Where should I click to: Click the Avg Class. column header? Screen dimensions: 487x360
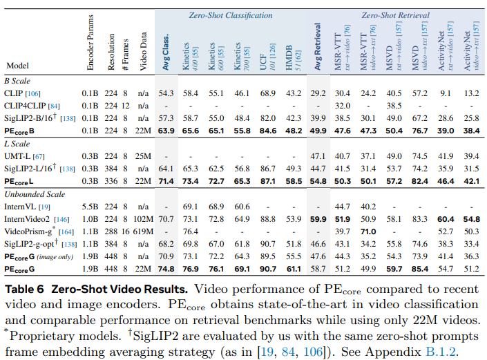coord(166,52)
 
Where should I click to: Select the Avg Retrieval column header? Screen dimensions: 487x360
coord(318,46)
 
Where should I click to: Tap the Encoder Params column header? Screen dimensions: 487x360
coord(90,43)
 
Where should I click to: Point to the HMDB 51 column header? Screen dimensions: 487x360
coord(293,58)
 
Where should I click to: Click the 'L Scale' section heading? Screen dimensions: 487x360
coord(17,144)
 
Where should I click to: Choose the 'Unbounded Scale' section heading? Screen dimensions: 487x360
coord(35,194)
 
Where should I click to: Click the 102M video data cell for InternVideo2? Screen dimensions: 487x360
coord(143,219)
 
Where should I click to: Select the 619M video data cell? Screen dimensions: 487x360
coord(143,231)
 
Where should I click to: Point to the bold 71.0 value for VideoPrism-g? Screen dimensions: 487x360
coord(368,231)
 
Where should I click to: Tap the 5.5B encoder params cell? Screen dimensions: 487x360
coord(90,207)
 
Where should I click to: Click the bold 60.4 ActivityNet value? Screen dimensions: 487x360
coord(446,219)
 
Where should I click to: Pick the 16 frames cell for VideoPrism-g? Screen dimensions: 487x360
coord(126,231)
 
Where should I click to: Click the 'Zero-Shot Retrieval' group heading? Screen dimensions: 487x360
coord(395,15)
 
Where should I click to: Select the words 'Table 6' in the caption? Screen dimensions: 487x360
coord(25,290)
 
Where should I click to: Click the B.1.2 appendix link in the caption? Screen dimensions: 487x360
coord(441,352)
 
